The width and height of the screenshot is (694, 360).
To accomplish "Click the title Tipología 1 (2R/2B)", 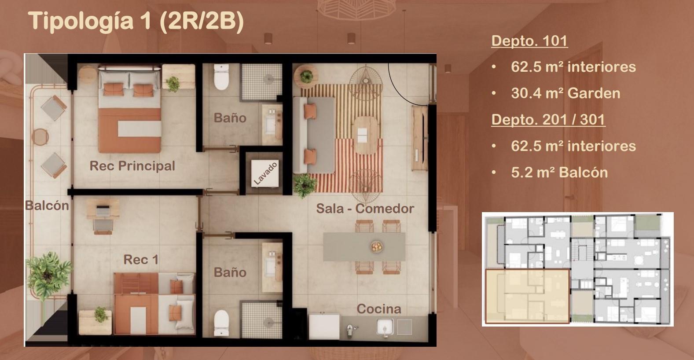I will coord(136,21).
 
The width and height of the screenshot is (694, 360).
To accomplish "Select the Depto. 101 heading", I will coord(529,40).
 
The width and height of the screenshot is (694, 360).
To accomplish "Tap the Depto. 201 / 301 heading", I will coord(548,119).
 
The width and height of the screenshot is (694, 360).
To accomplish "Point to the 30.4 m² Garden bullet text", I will coord(565,93).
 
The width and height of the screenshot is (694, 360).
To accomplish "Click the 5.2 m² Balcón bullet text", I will coord(559,173).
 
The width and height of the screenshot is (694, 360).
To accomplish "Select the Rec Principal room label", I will coord(132,166).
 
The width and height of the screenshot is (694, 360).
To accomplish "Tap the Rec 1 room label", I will coord(140,260).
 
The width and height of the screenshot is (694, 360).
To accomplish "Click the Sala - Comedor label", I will coord(365,209).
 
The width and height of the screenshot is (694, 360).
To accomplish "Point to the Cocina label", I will coord(378,309).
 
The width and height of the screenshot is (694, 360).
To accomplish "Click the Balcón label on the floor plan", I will coord(47,206).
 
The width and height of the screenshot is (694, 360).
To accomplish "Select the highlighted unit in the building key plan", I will coord(527,296).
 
